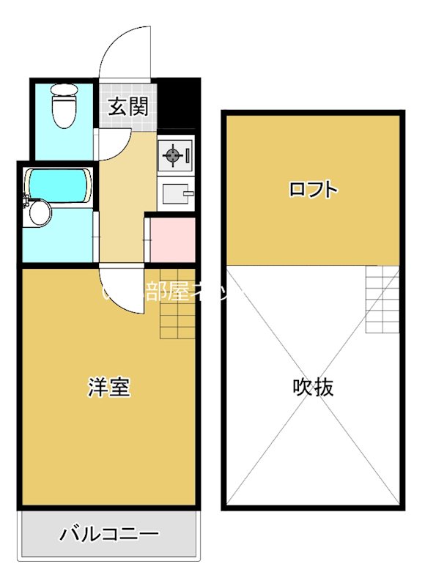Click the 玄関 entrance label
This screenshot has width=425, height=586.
click(129, 107)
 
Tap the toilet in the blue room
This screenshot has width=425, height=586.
click(64, 108)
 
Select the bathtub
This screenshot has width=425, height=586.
click(57, 186)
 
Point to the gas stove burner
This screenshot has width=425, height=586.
click(173, 155)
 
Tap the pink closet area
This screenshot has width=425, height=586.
click(172, 240)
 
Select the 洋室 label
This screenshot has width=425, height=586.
click(109, 387)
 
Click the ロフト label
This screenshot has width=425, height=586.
click(313, 190)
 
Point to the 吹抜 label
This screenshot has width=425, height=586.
click(313, 387)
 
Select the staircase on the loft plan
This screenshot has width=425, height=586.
click(382, 300)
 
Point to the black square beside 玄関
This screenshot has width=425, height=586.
click(180, 103)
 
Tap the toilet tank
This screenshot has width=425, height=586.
click(64, 92)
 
